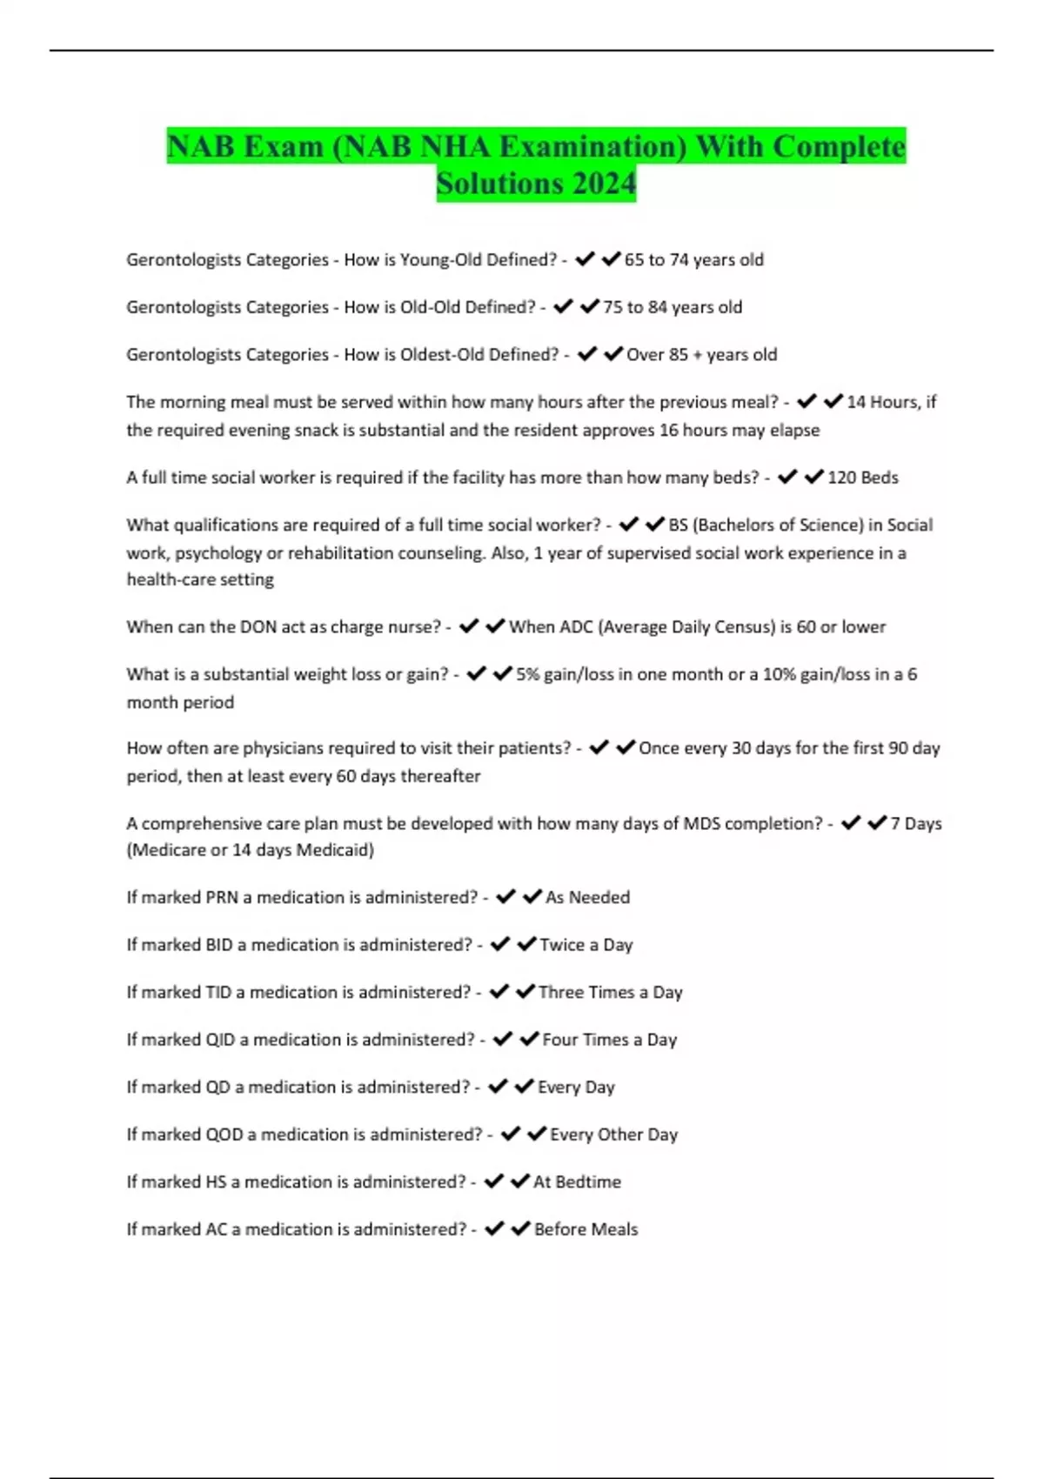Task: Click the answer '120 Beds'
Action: (862, 477)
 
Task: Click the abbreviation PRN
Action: (222, 897)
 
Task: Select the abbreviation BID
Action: (219, 945)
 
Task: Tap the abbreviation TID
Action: (218, 992)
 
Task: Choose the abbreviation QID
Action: (220, 1040)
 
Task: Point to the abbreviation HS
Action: (216, 1181)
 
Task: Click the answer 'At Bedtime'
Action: (577, 1181)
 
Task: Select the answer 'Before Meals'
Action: (586, 1229)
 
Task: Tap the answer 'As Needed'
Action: (587, 897)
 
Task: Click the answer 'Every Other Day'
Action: (613, 1134)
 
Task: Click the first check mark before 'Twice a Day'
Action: (499, 944)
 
